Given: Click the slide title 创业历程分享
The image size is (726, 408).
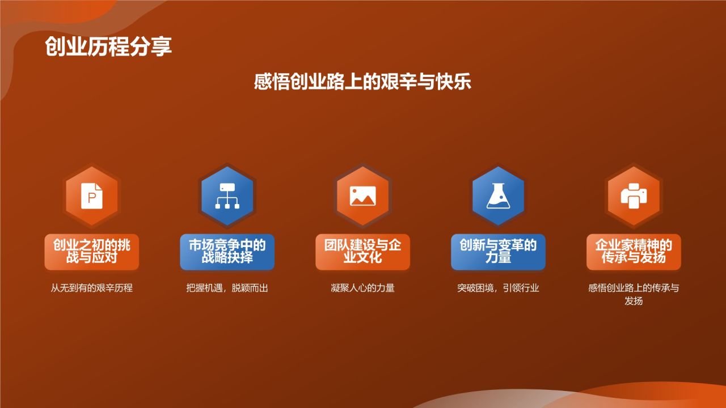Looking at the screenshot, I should (108, 46).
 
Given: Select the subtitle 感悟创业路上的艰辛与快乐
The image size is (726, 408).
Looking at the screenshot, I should (362, 82).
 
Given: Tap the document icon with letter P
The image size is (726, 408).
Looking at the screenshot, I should (92, 195).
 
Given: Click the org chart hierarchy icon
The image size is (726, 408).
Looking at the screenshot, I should (227, 195).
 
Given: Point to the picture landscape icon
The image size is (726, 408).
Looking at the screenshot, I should (362, 195).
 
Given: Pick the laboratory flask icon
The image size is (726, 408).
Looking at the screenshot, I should (498, 195).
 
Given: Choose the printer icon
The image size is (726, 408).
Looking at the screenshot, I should (634, 195).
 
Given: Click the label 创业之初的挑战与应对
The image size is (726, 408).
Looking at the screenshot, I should (92, 252).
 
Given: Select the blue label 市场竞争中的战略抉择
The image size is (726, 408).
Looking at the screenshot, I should (227, 252).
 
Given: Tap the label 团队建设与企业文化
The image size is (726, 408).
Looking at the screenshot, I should (362, 252).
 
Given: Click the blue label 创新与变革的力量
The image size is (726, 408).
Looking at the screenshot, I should (498, 252).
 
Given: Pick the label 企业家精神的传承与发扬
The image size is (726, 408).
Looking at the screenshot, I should (634, 252).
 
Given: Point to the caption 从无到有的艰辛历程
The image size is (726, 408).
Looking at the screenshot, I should (92, 288).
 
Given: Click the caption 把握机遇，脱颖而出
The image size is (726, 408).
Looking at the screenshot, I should (227, 288).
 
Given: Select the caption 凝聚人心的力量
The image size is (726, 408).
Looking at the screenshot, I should (362, 288).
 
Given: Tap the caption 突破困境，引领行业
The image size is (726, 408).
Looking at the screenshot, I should (498, 288).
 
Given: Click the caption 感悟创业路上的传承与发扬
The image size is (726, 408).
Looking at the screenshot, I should (634, 294).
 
